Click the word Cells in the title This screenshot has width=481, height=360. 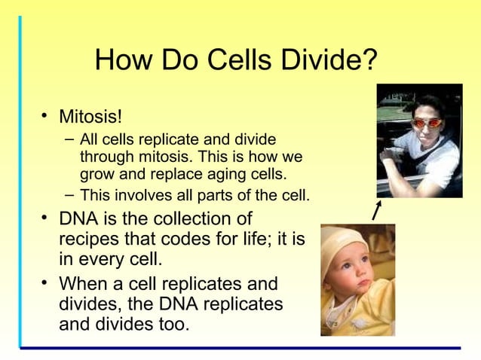click(x=239, y=60)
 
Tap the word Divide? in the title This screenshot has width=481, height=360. click(x=328, y=60)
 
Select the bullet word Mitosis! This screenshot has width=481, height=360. click(x=90, y=117)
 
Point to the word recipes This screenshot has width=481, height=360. click(x=88, y=239)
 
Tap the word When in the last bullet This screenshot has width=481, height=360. click(x=86, y=285)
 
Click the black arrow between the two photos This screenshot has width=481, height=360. click(x=376, y=211)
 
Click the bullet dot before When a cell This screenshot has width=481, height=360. click(x=44, y=285)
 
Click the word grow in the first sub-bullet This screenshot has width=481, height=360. click(x=96, y=175)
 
